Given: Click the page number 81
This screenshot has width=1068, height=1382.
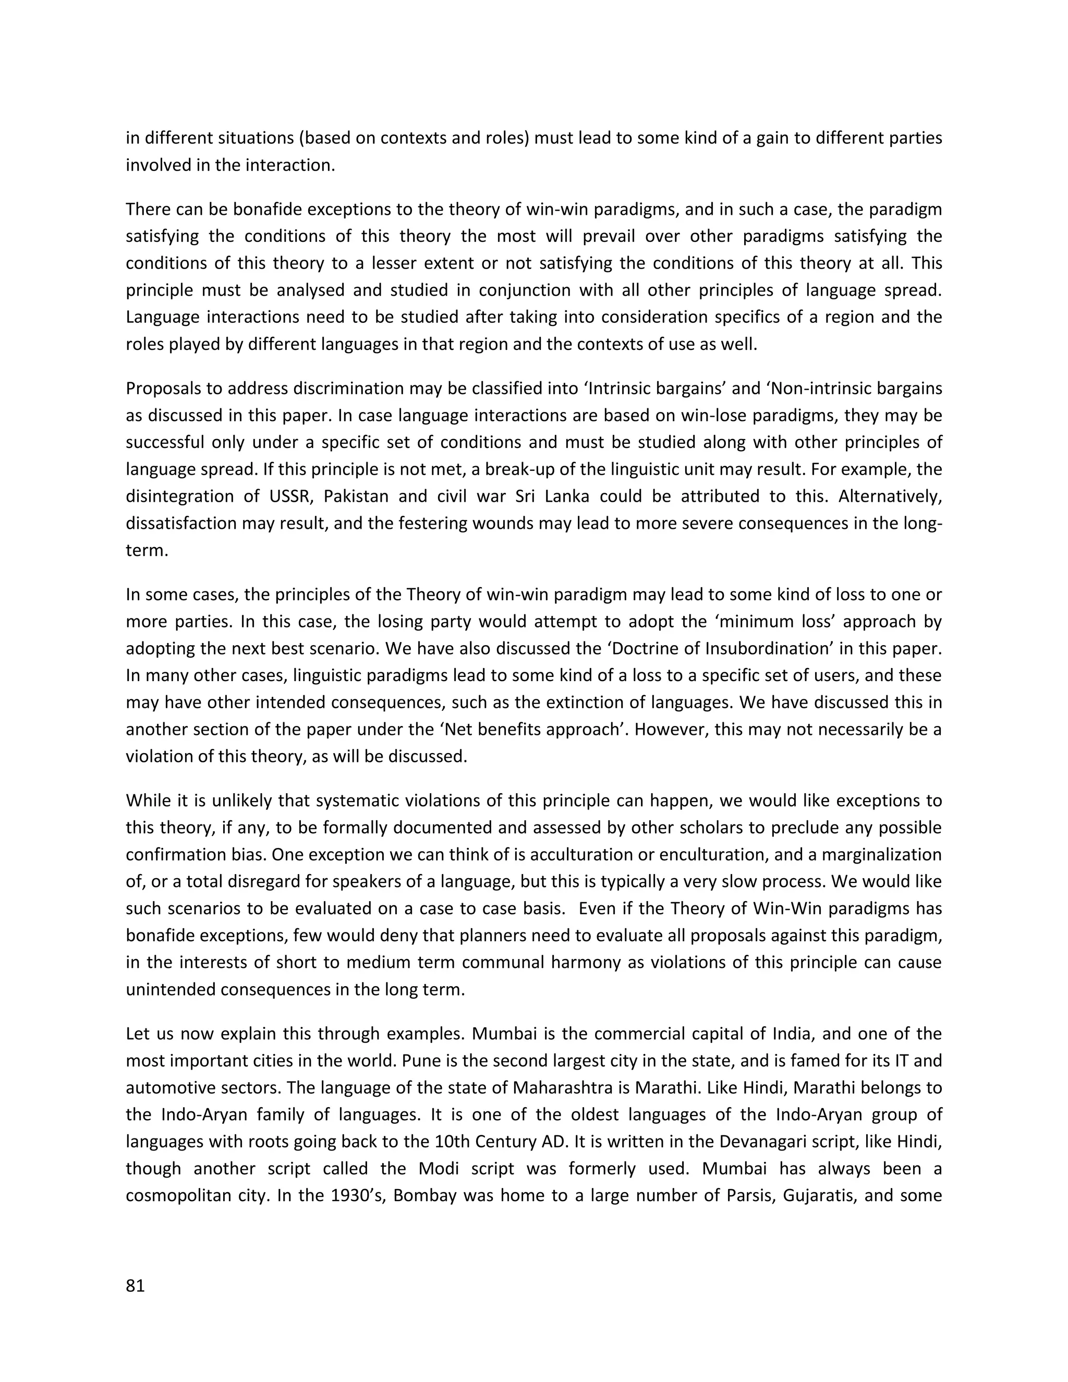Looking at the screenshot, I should coord(136,1286).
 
